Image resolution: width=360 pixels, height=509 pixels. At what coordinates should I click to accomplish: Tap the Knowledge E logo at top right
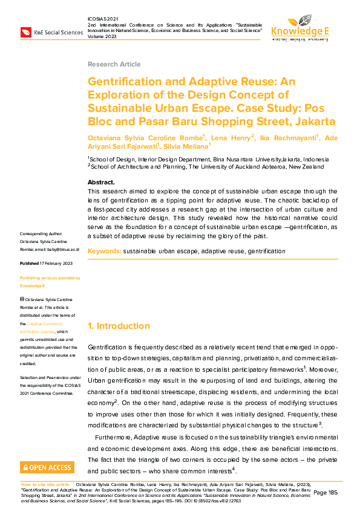pos(299,27)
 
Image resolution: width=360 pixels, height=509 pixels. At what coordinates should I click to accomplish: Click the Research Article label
pos(114,64)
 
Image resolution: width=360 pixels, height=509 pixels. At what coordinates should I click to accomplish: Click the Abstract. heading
pos(101,182)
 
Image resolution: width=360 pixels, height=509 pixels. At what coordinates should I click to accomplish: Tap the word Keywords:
pos(104,250)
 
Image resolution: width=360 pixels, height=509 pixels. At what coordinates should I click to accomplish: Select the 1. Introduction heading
pos(119,326)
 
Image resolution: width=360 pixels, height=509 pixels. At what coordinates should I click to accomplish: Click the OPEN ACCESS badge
pos(47,467)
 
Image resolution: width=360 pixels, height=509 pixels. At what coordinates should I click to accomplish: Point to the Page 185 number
pos(326,493)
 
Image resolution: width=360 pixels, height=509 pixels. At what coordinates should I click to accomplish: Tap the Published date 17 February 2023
pos(47,264)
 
